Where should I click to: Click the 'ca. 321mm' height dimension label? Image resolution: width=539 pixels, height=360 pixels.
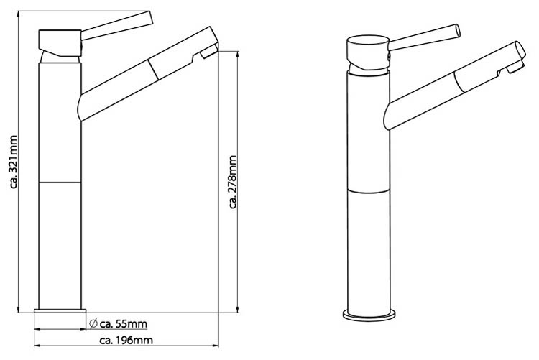[x=14, y=162]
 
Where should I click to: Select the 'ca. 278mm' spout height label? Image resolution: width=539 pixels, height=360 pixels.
[x=233, y=182]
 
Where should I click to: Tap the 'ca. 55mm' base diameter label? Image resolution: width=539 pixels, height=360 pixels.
[x=124, y=324]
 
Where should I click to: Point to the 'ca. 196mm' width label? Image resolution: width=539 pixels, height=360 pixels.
[x=126, y=341]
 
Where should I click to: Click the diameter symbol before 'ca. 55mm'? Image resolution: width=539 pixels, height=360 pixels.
[x=93, y=323]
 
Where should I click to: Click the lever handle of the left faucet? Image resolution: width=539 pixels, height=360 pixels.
[x=117, y=25]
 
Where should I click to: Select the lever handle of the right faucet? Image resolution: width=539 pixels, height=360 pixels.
[x=424, y=37]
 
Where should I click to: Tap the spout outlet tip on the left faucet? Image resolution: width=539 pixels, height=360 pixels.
[x=208, y=51]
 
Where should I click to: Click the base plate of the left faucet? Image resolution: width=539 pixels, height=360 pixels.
[x=60, y=311]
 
